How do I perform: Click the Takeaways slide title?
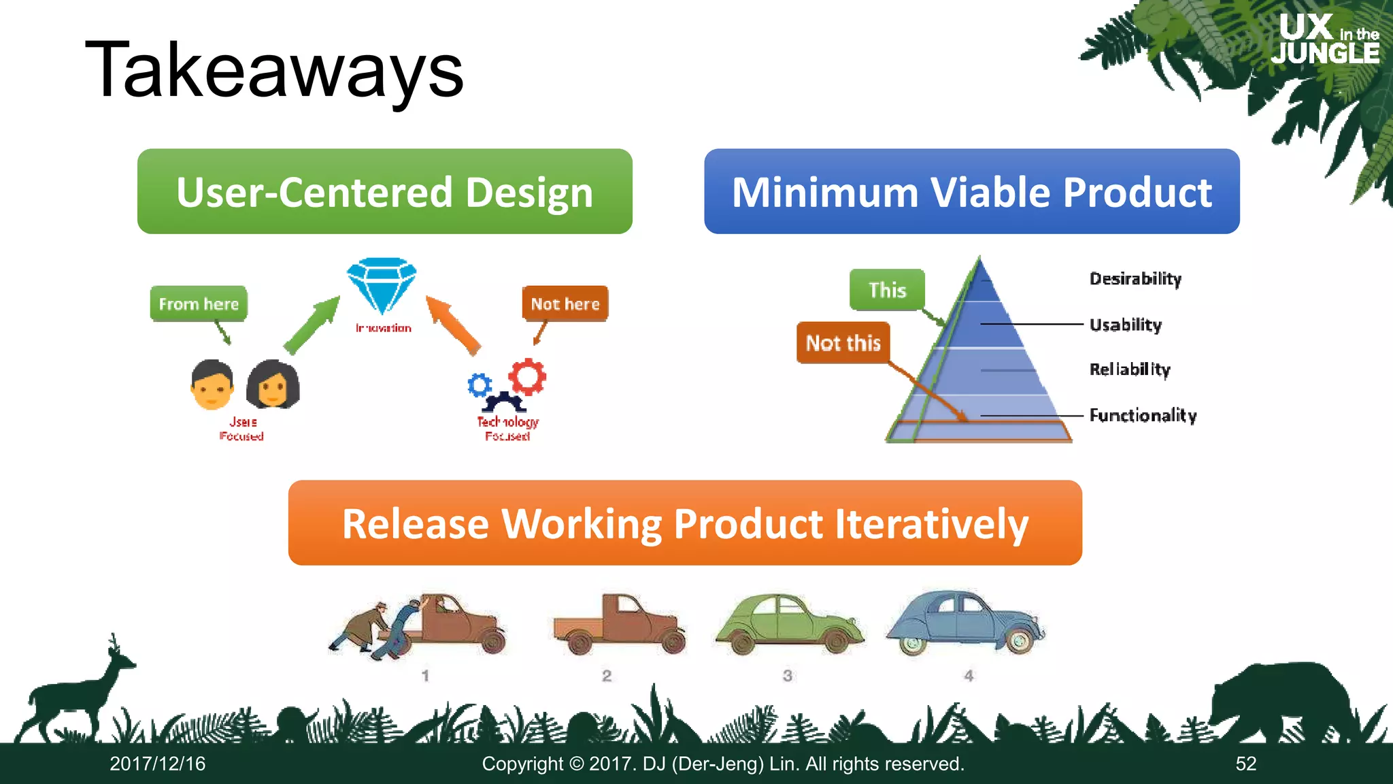click(273, 71)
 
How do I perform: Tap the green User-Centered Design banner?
click(384, 192)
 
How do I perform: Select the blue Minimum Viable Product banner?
click(971, 192)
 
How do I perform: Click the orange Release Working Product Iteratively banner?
click(685, 523)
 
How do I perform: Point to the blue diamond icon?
click(382, 285)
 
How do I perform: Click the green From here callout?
click(199, 304)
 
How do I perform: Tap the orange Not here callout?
click(565, 304)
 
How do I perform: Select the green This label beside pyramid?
click(887, 290)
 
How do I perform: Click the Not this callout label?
click(843, 342)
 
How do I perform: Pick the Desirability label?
click(1135, 278)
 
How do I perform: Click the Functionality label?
click(1143, 415)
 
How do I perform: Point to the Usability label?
click(1126, 325)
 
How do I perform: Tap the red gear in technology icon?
click(528, 376)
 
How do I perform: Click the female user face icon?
click(273, 385)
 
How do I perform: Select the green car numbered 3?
click(789, 623)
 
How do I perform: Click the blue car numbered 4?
click(964, 621)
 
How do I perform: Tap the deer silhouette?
click(75, 694)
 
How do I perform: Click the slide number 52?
click(1245, 764)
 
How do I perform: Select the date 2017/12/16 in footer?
click(158, 764)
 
